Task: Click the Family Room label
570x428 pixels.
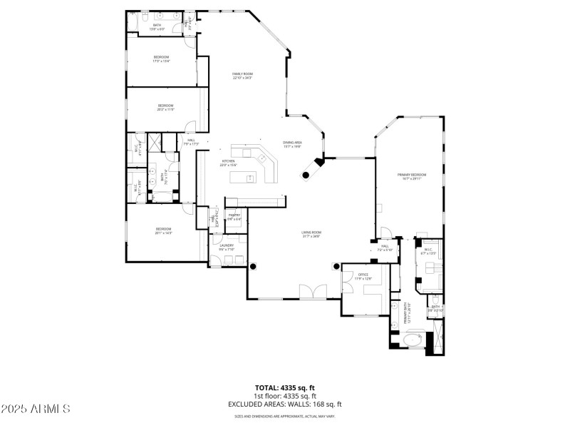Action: [242, 76]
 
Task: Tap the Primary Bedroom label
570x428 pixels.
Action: [412, 176]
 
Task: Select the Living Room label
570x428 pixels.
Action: [311, 233]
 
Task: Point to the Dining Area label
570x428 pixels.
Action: [293, 144]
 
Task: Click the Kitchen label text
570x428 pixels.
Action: [228, 163]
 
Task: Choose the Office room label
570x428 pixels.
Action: [363, 276]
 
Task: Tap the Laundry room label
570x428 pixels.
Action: [227, 247]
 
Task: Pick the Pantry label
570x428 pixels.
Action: [234, 216]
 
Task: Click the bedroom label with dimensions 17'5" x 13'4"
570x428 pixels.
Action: [161, 58]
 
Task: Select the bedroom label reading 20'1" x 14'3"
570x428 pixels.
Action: [164, 230]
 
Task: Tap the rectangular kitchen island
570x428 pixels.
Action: [252, 200]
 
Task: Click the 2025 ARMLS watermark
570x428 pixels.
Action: [36, 409]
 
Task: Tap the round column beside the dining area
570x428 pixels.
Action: [307, 173]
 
